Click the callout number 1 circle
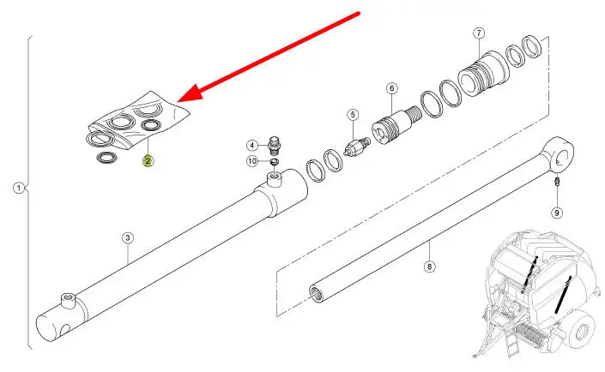coord(19,188)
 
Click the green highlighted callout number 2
coord(148,161)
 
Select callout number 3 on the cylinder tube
coord(128,237)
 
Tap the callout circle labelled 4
coord(252,146)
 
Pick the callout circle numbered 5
coord(353,115)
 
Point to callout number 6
coord(391,88)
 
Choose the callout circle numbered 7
coord(479,33)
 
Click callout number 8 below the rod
coord(429,267)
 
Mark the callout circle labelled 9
coord(557,213)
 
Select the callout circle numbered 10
coord(252,161)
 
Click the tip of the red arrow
coord(178,102)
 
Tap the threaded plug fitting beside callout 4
coord(274,145)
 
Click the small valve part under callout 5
coord(357,147)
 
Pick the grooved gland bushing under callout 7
coord(484,74)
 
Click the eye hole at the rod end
coord(560,159)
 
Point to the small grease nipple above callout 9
coord(557,182)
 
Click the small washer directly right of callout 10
coord(274,161)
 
